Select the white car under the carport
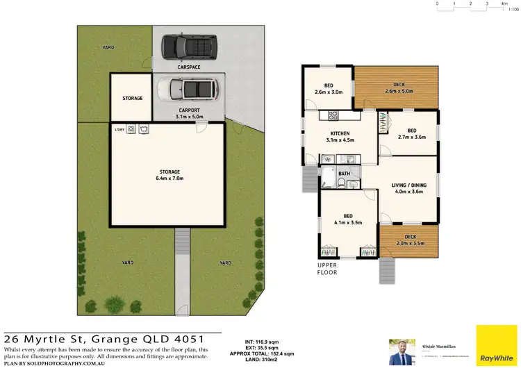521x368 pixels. [x=188, y=89]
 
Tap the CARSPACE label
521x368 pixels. [x=188, y=67]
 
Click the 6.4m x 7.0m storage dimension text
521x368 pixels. [x=169, y=178]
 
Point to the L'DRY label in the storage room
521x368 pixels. [x=119, y=128]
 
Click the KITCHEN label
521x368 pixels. [x=340, y=133]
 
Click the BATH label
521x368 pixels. [x=345, y=174]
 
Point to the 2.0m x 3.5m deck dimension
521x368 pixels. [x=411, y=243]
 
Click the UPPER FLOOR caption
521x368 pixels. [x=327, y=269]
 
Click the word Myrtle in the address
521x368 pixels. [x=57, y=338]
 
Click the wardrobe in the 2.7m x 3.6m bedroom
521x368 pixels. [x=383, y=124]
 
